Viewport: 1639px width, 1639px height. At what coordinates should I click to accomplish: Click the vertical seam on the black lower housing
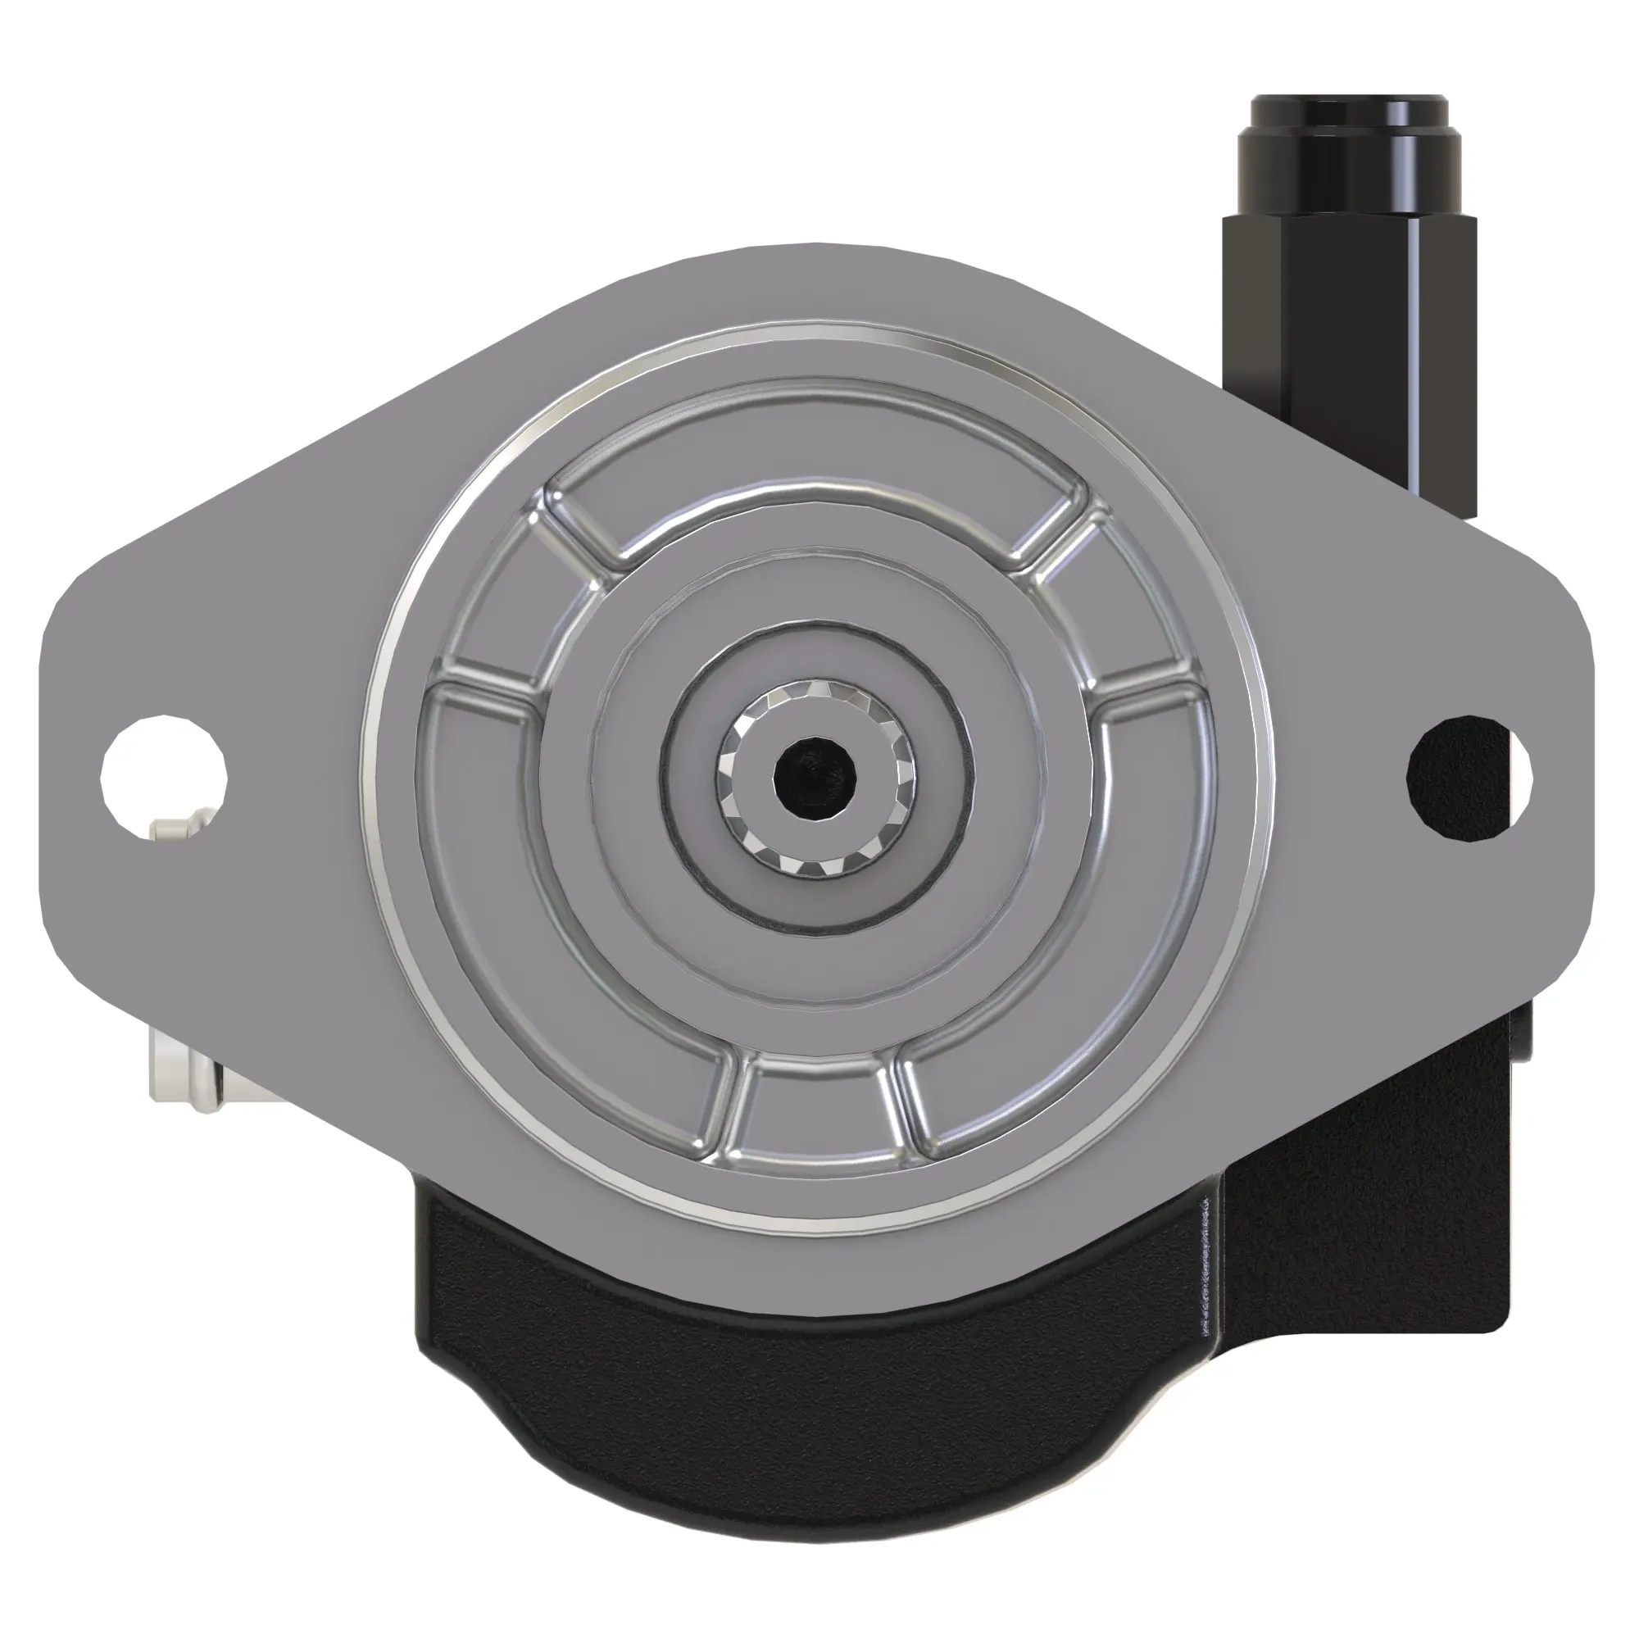(1205, 1264)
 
